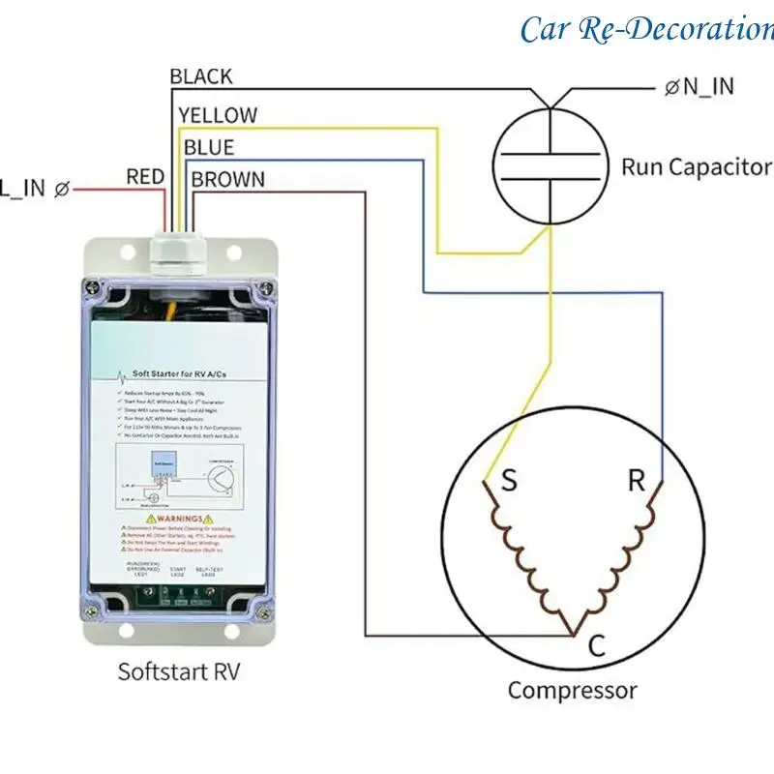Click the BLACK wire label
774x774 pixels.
(201, 76)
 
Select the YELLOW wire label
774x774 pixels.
(218, 115)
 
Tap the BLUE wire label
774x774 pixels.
(209, 147)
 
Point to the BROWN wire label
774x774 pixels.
(228, 179)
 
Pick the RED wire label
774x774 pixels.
(145, 177)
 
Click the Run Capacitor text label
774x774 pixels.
(696, 166)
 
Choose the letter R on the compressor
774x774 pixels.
(636, 481)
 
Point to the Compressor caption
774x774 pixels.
(573, 691)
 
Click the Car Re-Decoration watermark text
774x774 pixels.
(646, 28)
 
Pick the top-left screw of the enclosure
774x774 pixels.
(91, 286)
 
